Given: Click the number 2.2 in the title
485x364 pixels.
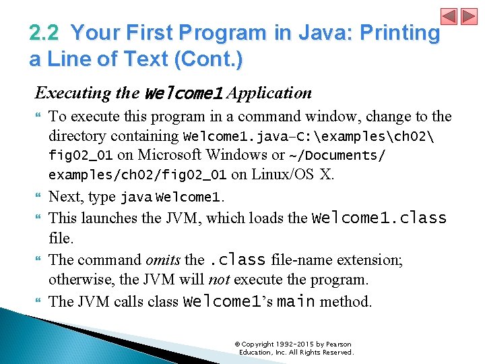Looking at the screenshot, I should click(x=45, y=32).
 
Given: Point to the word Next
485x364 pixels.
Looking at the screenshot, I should click(x=65, y=197).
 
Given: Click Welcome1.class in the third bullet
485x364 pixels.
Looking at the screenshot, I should click(x=379, y=218).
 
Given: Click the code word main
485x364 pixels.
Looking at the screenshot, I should click(x=296, y=301).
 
